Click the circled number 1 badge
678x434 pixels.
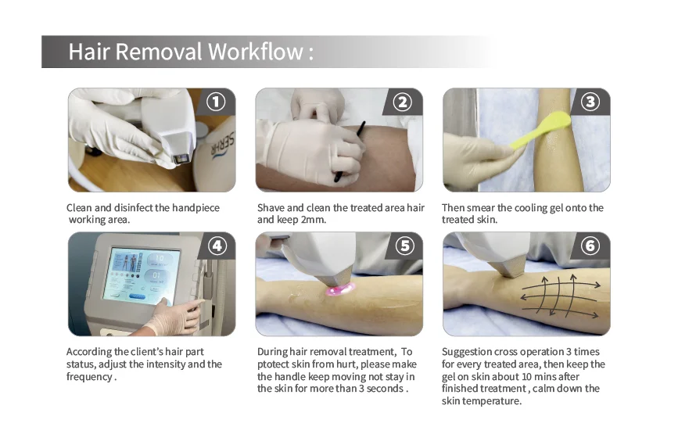coord(216,102)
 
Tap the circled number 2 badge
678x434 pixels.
coord(403,102)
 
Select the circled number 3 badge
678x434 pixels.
coord(590,102)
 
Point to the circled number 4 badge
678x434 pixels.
coord(217,246)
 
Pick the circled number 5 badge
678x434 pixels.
coord(405,246)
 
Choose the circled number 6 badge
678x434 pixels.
coord(590,246)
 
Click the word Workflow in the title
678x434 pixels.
coord(256,52)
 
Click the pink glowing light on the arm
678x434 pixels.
coord(340,289)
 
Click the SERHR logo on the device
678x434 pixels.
coord(222,145)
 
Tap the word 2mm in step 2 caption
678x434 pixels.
coord(313,220)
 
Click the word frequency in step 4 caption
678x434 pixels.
coord(89,377)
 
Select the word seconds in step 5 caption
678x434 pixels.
coord(384,389)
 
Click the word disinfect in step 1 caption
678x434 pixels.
coord(133,208)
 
